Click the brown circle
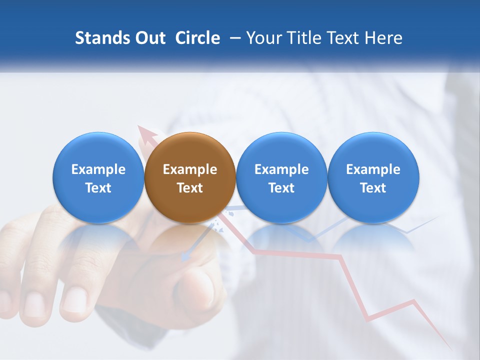190,177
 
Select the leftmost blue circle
98,177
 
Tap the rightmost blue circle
373,177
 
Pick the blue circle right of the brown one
281,177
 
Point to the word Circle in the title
197,38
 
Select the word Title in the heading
305,38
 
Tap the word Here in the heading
383,38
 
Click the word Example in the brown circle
190,169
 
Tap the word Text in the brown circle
190,188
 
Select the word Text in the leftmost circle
98,188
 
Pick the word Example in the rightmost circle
373,169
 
